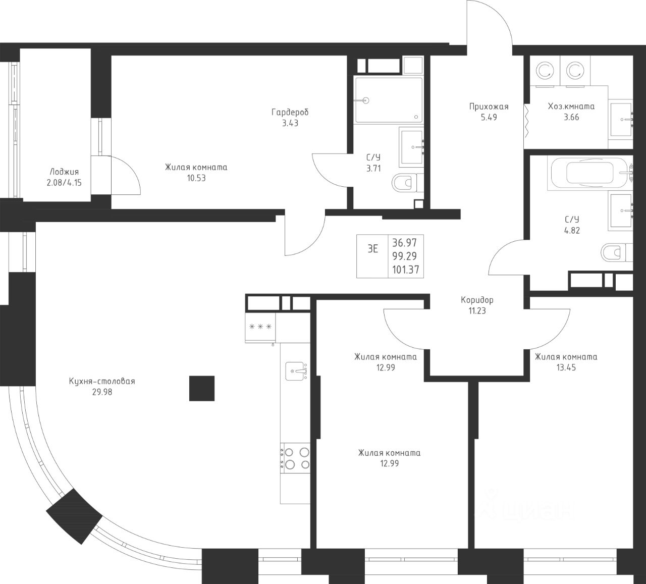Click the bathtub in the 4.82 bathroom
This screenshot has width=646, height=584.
(x=589, y=173)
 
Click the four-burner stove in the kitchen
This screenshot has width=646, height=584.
(x=297, y=458)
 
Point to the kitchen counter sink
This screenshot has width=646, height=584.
(x=296, y=370)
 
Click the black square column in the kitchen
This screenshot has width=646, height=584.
(x=202, y=388)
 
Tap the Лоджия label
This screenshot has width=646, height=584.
(x=64, y=172)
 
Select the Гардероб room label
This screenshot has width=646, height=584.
(x=290, y=112)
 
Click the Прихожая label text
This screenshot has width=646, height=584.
(x=489, y=107)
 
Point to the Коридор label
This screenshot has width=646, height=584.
(x=477, y=300)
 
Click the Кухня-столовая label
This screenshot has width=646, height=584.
(x=102, y=381)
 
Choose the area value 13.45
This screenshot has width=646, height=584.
(x=566, y=367)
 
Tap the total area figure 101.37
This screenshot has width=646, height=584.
(x=405, y=270)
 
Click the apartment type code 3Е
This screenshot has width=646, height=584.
(x=372, y=249)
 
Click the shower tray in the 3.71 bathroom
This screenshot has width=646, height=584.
(x=388, y=100)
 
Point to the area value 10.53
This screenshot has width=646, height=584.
(x=196, y=178)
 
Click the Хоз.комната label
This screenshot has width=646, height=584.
(x=571, y=107)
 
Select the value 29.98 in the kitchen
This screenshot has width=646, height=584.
(x=102, y=392)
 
